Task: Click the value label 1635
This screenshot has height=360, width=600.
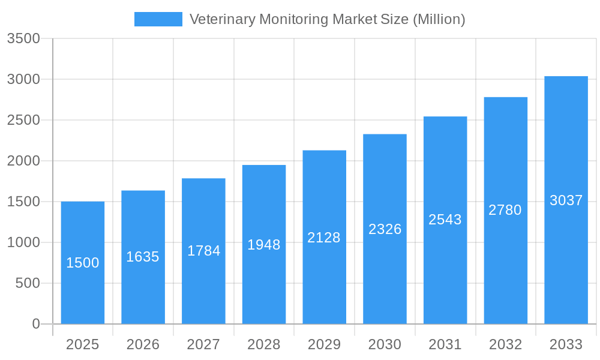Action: point(143,257)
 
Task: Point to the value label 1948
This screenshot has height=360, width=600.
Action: point(264,245)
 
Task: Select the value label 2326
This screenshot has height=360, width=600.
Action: point(385,229)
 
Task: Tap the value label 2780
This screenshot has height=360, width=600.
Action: point(505,210)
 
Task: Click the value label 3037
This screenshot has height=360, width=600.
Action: point(566,200)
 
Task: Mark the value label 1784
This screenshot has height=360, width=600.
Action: point(203,251)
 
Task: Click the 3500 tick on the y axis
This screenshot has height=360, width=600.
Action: point(23,38)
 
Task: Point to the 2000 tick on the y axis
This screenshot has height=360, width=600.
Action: point(23,161)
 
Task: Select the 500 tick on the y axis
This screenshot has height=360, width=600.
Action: point(28,283)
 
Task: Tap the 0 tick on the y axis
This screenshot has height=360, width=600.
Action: point(35,324)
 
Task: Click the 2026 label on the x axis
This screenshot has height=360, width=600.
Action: point(143,344)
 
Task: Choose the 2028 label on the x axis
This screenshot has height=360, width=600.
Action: point(264,344)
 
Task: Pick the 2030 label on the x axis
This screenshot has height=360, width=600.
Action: point(385,344)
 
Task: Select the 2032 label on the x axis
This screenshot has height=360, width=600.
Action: point(505,344)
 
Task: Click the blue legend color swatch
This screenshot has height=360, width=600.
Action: point(158,19)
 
